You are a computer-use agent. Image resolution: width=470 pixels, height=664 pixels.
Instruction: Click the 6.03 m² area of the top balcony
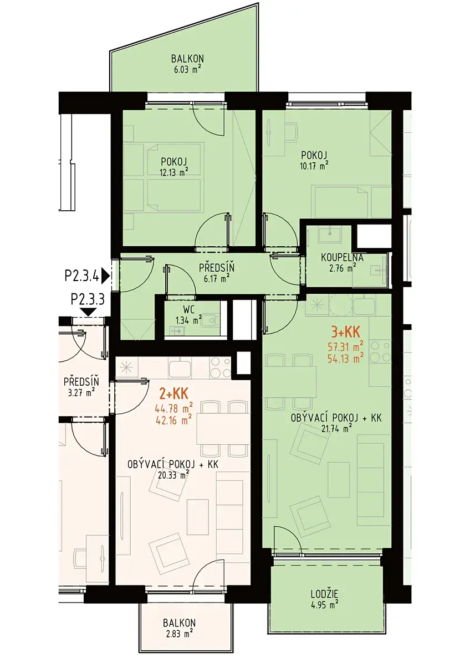coord(187,70)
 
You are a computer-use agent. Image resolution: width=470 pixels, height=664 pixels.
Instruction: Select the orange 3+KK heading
coord(346,333)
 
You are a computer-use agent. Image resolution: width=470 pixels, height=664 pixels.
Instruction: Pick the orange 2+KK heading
coord(173,394)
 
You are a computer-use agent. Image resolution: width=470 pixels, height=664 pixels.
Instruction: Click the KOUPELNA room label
coord(342,257)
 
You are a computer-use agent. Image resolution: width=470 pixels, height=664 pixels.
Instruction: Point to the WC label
coord(189,310)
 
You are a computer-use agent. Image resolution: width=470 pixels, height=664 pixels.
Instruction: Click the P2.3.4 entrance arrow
coord(106,276)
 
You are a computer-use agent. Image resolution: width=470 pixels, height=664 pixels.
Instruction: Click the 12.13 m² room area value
coord(174,173)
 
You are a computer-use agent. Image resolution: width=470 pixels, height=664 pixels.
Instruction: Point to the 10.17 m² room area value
coord(314,165)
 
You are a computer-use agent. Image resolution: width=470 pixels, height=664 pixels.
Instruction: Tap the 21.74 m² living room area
coord(336,427)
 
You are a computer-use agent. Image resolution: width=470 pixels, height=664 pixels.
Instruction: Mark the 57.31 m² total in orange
coord(346,346)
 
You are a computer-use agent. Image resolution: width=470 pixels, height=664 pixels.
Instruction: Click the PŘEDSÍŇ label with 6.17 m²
coord(217,267)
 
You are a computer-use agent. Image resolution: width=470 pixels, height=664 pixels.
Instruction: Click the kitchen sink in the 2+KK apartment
coord(180,367)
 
